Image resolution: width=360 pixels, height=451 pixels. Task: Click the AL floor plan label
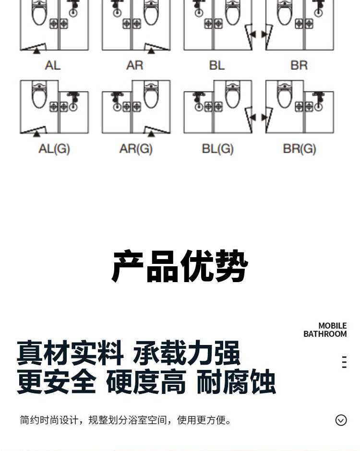tap(53, 65)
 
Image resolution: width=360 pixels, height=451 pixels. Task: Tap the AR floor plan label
tap(135, 65)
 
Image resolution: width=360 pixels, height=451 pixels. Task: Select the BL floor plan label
tap(216, 65)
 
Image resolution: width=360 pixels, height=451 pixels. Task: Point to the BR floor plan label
tap(299, 65)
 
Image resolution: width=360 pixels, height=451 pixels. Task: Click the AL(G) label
tap(54, 149)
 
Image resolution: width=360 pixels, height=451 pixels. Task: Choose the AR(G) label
tap(136, 149)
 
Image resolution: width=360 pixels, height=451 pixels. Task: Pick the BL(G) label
tap(217, 149)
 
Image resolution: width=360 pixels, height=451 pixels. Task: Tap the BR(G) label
tap(300, 149)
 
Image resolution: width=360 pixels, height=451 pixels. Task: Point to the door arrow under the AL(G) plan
tap(36, 134)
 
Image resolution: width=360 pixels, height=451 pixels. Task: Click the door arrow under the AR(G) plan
tap(151, 134)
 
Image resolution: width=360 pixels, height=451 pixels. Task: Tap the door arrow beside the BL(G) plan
tap(252, 118)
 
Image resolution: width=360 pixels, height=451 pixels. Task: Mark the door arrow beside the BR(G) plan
tap(264, 118)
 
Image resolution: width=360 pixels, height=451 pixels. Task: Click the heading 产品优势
tap(180, 266)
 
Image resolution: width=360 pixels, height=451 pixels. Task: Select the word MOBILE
tap(332, 326)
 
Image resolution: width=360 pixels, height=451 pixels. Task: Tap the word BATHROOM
tap(325, 334)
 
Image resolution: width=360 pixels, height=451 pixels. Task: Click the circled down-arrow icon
tap(341, 420)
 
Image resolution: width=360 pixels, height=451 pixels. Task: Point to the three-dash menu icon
tap(344, 362)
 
